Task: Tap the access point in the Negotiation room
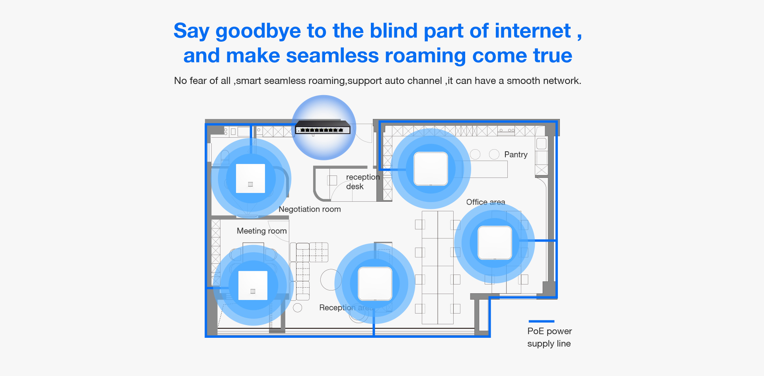click(250, 178)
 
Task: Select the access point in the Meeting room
click(253, 285)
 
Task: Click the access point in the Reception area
click(375, 283)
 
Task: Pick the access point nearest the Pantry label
click(431, 169)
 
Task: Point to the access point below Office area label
click(495, 243)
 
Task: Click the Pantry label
click(516, 154)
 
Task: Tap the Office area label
click(485, 202)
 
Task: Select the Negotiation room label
click(310, 209)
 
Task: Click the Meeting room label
click(261, 231)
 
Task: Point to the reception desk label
click(362, 181)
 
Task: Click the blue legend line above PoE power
click(541, 321)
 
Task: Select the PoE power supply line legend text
click(549, 337)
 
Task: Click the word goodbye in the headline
click(258, 31)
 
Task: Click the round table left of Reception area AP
click(331, 280)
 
